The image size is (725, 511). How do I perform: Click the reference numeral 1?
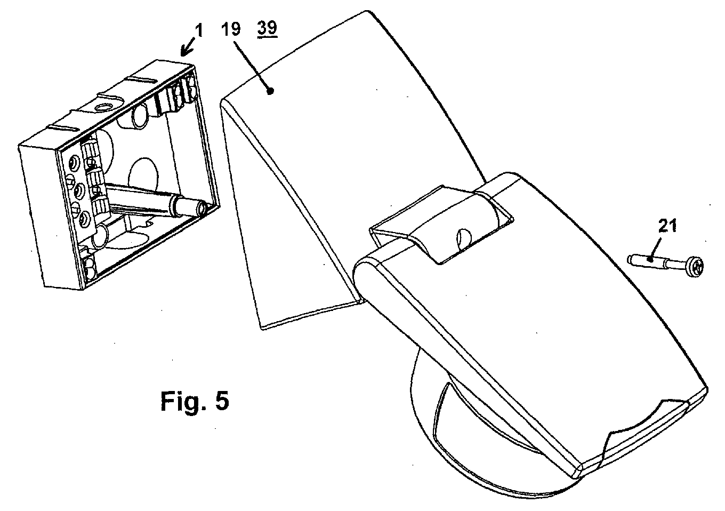click(x=199, y=31)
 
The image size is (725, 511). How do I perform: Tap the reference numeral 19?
click(x=231, y=29)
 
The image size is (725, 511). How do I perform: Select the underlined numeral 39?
click(x=268, y=28)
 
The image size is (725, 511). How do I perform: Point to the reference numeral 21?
click(x=667, y=226)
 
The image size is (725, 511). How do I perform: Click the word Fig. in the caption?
click(x=182, y=401)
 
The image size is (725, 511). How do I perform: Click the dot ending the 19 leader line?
click(x=271, y=91)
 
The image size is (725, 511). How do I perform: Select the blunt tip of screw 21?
click(x=630, y=259)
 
